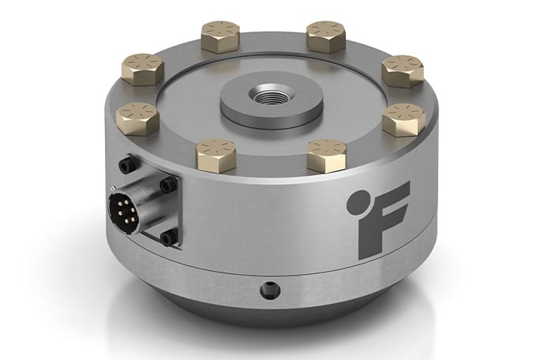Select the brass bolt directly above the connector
coord(137,118)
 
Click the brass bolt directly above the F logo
coord(403,119)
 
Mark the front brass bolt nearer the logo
coord(328,154)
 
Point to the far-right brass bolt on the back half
coord(402,69)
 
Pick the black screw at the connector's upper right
coord(167,185)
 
